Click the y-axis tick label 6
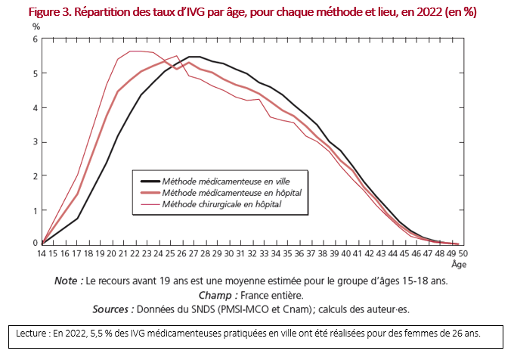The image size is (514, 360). point(35,39)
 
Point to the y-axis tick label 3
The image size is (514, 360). point(35,141)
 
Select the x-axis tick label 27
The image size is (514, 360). point(194,253)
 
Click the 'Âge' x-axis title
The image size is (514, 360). point(458,265)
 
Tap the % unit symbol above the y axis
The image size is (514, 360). point(36,26)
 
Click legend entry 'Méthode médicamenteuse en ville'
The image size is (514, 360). point(220,181)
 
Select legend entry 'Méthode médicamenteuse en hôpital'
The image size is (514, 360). point(224,192)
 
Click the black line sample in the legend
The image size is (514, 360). point(150,181)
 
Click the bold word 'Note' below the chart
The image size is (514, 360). point(70,281)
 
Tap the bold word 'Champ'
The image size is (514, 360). point(214,295)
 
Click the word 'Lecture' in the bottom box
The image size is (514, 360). point(34,334)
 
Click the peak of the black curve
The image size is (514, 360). point(194,57)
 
